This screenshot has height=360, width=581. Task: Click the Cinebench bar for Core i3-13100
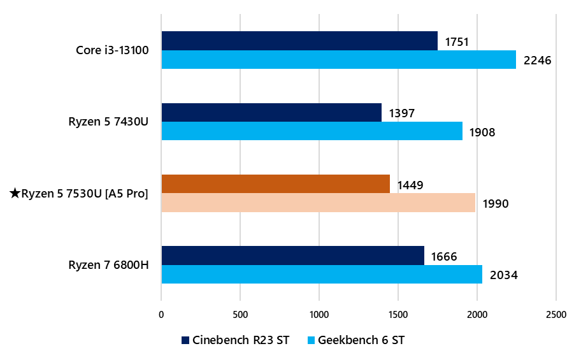[299, 41]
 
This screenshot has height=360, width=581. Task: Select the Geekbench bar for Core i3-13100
[338, 60]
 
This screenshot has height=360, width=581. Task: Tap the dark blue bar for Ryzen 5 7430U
[271, 112]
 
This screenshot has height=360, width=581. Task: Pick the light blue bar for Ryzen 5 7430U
[312, 131]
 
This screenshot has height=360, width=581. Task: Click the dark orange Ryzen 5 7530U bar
[275, 184]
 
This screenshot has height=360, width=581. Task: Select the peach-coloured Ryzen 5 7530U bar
[318, 203]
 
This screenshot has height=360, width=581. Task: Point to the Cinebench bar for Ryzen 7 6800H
[292, 255]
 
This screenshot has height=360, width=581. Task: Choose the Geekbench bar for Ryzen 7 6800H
[322, 274]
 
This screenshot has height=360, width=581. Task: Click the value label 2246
[536, 61]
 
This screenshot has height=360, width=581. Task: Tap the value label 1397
[402, 113]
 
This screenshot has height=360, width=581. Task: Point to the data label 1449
[410, 185]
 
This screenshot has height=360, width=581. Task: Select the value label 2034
[503, 275]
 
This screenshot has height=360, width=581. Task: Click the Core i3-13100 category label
[112, 50]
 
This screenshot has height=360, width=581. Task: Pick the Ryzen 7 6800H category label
[108, 264]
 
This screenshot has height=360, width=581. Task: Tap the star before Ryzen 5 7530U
[15, 194]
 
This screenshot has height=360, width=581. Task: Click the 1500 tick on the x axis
[398, 314]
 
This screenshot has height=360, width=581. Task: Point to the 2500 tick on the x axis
[556, 314]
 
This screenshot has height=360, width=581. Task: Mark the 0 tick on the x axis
[161, 314]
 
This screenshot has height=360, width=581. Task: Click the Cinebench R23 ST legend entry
[235, 340]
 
